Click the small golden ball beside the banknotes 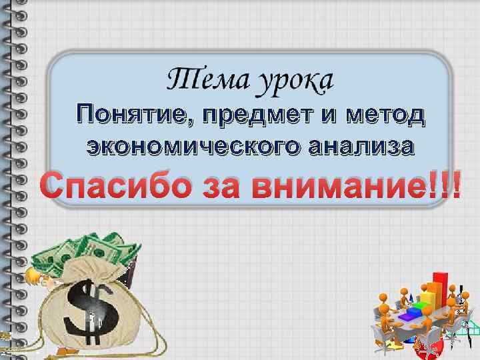[29, 274]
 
